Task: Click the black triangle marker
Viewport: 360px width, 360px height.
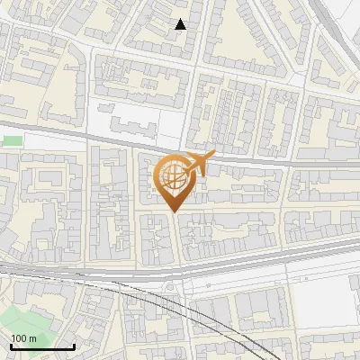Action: pos(181,24)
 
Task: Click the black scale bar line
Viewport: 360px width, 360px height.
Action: pos(42,346)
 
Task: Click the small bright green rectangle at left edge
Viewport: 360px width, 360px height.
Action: pos(12,140)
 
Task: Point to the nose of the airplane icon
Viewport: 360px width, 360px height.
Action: pos(215,155)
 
